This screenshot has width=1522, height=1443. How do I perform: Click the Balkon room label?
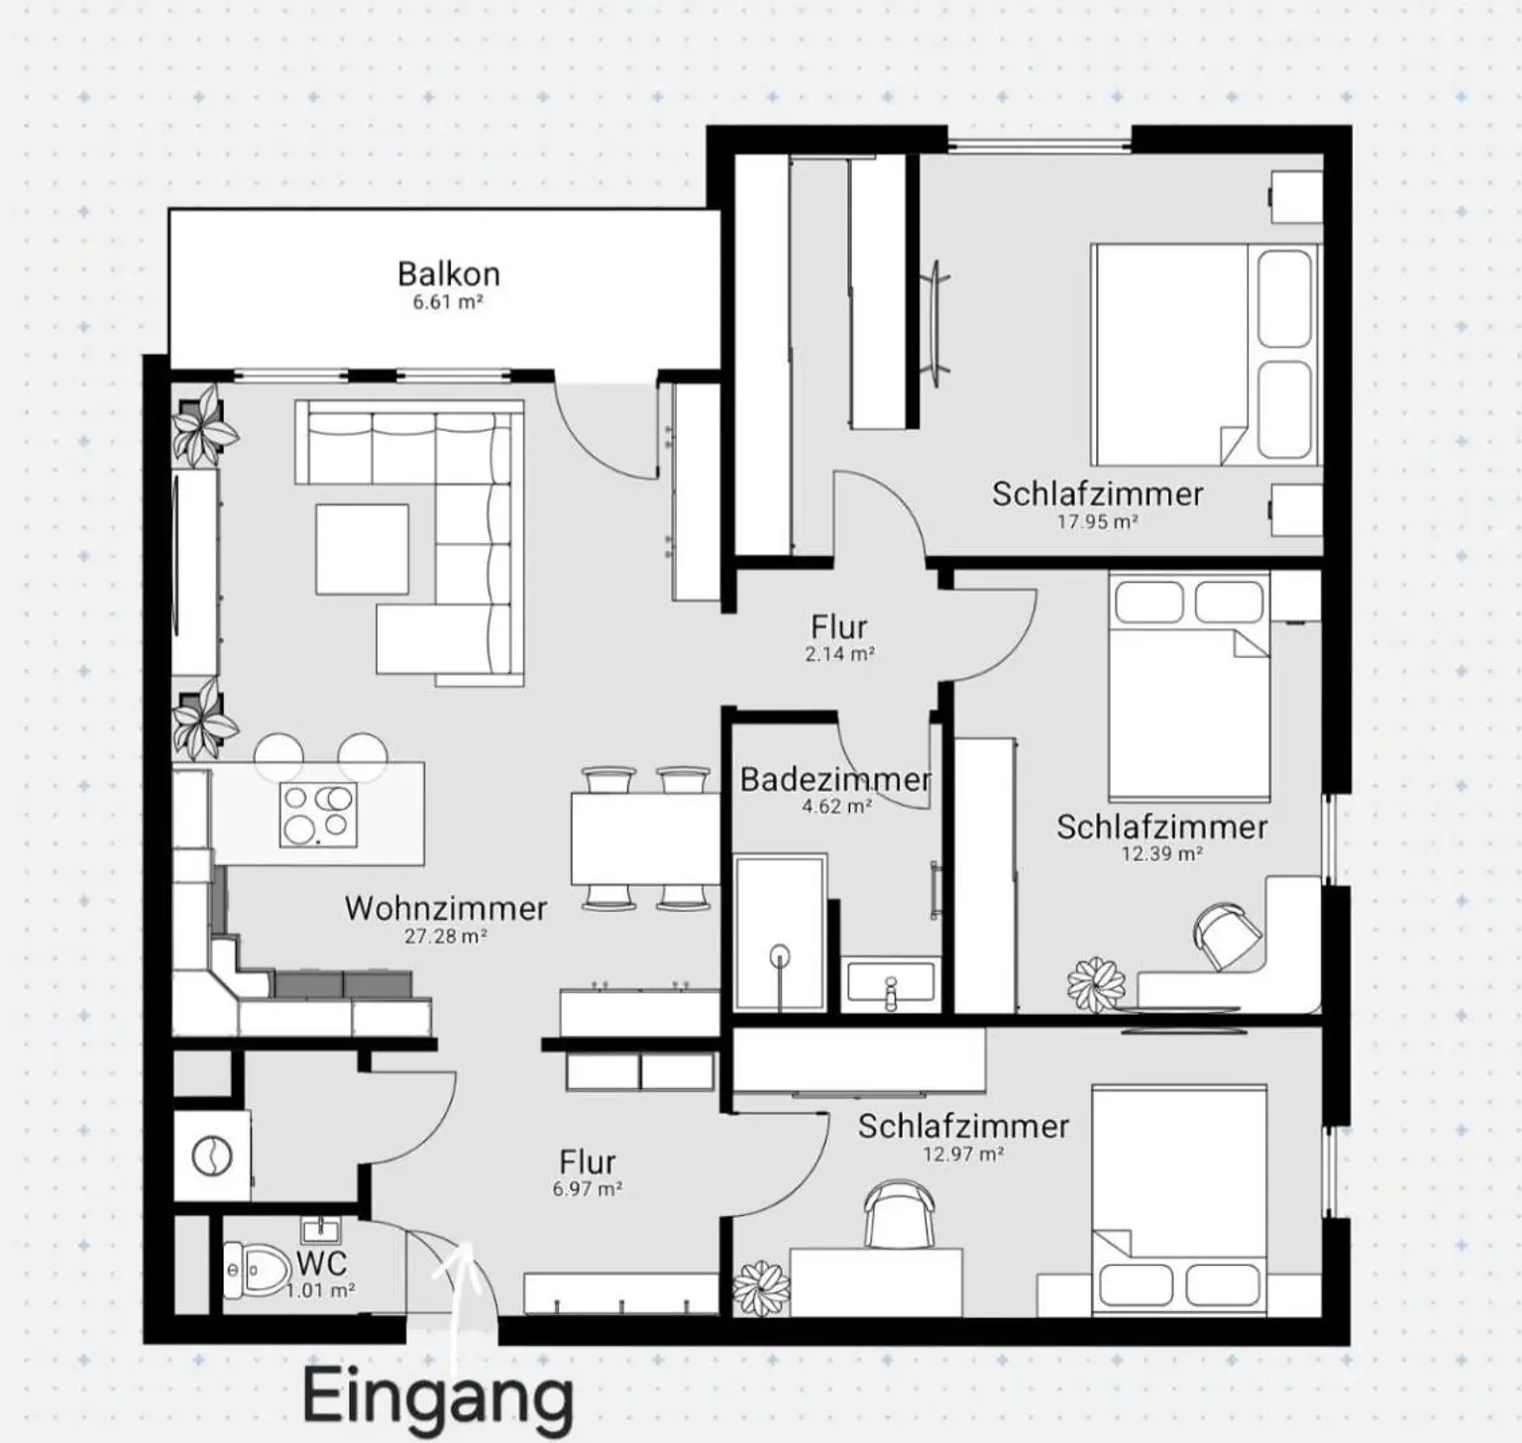448,274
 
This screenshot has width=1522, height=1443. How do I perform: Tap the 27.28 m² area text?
445,936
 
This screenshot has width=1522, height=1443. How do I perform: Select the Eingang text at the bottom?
437,1395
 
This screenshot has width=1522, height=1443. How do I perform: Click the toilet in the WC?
256,1268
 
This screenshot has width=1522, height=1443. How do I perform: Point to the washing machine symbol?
211,1156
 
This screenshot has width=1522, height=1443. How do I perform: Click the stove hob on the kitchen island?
318,814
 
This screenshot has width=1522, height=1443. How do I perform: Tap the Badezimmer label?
835,779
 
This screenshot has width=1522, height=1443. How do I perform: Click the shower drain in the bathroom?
781,956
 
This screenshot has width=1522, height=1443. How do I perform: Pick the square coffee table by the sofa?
363,549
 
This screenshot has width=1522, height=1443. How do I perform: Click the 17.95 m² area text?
1097,521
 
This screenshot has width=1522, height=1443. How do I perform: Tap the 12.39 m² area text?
1161,854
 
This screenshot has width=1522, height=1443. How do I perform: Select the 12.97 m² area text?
963,1154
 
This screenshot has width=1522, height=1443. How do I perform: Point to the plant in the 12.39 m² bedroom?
1096,983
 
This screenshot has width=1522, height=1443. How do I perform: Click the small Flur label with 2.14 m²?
838,626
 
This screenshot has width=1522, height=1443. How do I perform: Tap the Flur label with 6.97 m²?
587,1162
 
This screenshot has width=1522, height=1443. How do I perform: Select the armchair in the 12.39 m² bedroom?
1227,935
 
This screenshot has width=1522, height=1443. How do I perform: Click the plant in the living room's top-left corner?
204,426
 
